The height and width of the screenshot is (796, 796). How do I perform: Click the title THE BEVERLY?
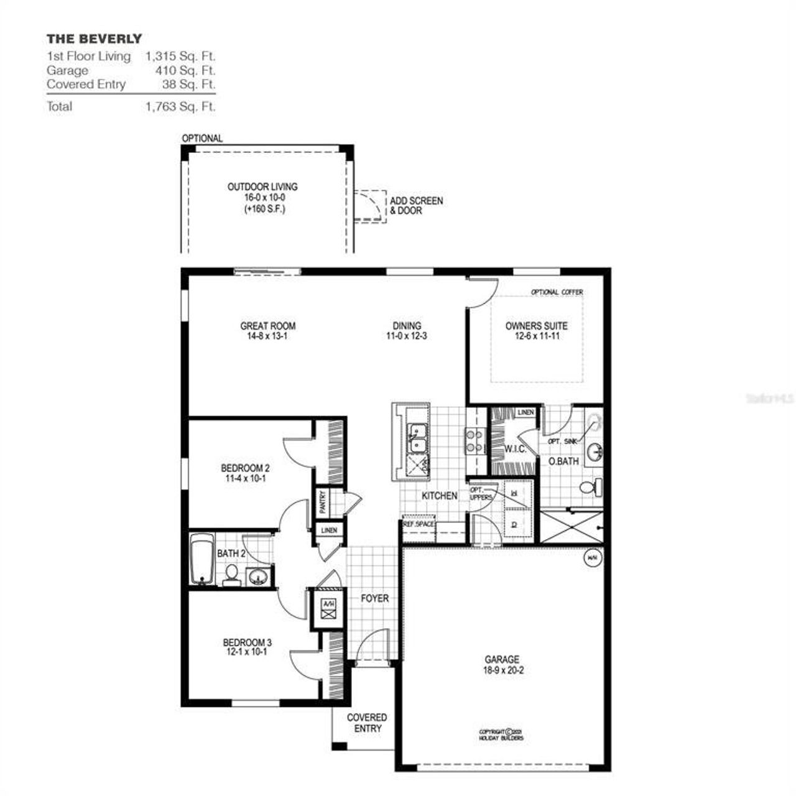tap(94, 39)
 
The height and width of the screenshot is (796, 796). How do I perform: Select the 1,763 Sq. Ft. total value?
tap(180, 106)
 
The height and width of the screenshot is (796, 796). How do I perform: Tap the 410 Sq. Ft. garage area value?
tap(185, 70)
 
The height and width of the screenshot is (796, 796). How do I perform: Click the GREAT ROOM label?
tap(268, 326)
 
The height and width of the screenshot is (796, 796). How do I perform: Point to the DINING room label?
tap(407, 326)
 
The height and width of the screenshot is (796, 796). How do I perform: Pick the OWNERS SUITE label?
tap(536, 326)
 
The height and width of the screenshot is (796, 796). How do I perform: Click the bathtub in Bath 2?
tap(201, 559)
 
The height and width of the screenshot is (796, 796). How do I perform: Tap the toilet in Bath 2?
tap(231, 575)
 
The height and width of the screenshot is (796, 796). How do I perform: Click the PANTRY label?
tap(322, 501)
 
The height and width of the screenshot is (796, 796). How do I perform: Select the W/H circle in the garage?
tap(590, 558)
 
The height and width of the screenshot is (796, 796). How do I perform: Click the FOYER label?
tap(374, 598)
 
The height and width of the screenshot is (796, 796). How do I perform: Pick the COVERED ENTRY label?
tap(367, 723)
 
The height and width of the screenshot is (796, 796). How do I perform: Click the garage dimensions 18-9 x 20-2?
tap(502, 670)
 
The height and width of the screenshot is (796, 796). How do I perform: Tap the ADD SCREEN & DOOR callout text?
tap(416, 206)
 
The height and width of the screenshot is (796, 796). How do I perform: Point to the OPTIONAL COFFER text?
tap(557, 292)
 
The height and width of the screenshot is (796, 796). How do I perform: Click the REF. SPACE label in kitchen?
tap(419, 524)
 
